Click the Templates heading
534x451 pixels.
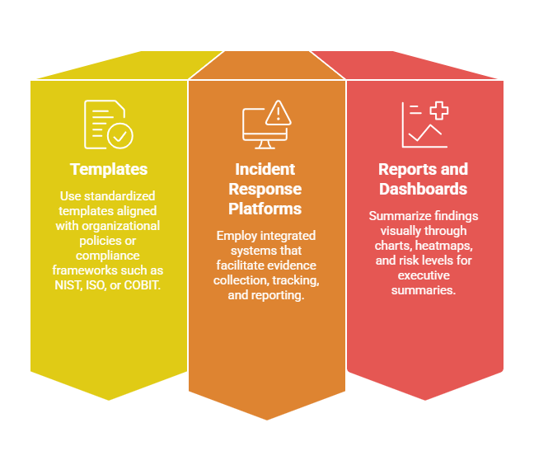tap(109, 169)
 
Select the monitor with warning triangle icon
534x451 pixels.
tap(266, 124)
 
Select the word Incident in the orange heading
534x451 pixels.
tap(265, 169)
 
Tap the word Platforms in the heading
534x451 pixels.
tap(265, 208)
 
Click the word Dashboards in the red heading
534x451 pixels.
tap(423, 189)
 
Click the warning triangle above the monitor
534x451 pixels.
tap(279, 110)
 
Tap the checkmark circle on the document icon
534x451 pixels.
tap(120, 135)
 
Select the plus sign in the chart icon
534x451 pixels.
tap(438, 111)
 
